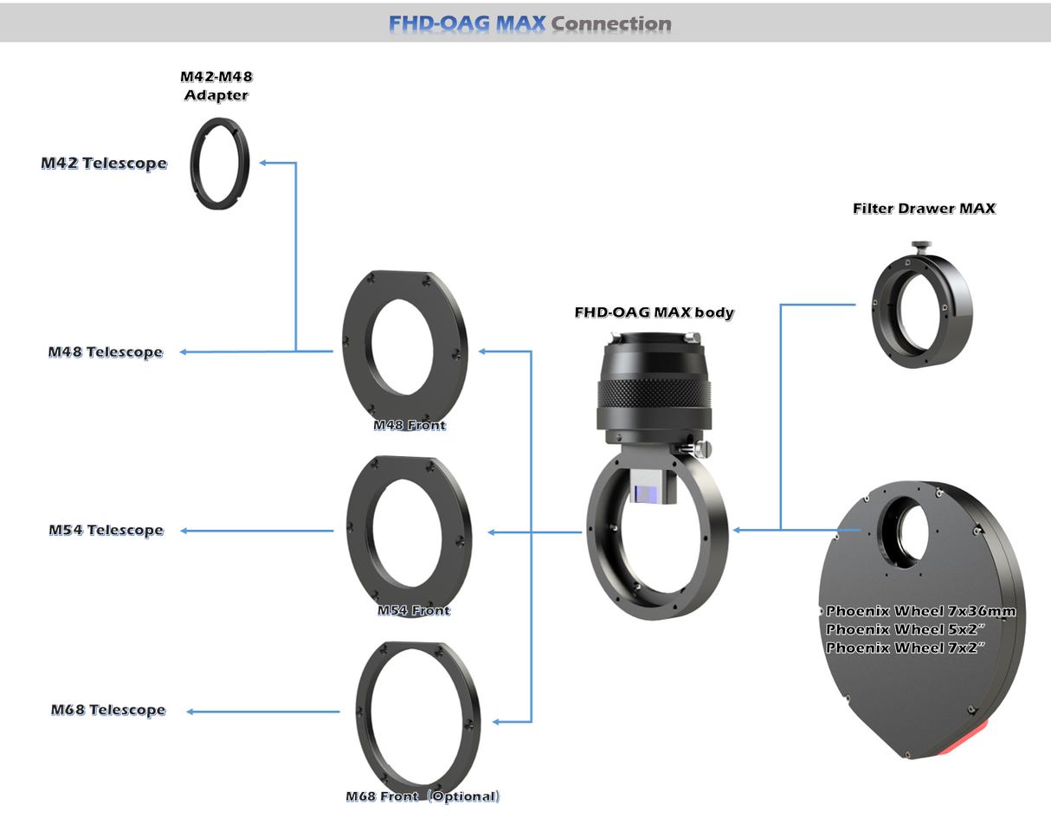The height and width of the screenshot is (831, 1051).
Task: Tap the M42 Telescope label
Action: (104, 163)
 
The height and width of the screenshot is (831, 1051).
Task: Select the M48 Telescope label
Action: (106, 352)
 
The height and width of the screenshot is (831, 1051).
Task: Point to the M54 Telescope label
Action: (106, 530)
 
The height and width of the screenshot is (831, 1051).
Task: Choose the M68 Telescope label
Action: (107, 710)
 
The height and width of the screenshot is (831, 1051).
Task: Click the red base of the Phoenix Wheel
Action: (961, 742)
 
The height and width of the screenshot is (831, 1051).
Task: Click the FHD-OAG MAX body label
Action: (654, 312)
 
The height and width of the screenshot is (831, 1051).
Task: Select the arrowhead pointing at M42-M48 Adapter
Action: (263, 162)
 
